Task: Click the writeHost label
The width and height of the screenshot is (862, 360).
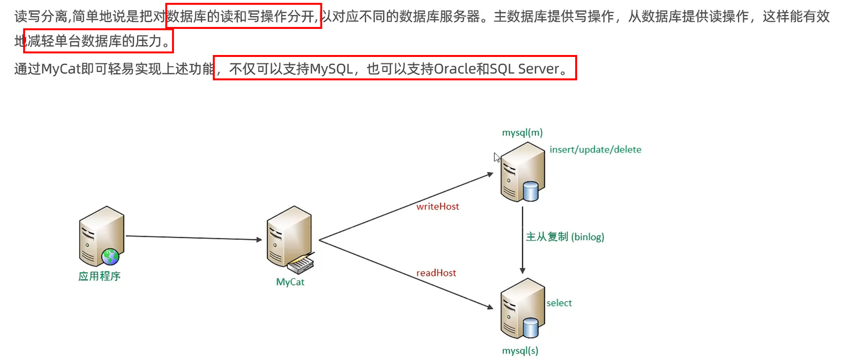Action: click(x=437, y=206)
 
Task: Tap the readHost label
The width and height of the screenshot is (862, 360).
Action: click(x=436, y=273)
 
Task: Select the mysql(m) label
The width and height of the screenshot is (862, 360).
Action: click(x=522, y=133)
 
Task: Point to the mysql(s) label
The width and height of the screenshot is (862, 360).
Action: click(x=520, y=351)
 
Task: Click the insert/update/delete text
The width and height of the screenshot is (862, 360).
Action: click(x=595, y=150)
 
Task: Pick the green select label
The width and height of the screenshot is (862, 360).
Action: click(x=559, y=303)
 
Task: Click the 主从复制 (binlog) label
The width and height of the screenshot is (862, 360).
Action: click(x=565, y=237)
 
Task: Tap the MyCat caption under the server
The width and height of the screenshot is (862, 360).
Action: click(x=290, y=282)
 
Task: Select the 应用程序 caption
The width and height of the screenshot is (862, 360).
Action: click(x=99, y=276)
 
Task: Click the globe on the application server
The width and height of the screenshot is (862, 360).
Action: click(x=110, y=257)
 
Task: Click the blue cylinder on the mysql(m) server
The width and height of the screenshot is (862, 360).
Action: click(x=530, y=191)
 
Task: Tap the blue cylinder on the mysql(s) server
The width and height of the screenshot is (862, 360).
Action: click(x=530, y=328)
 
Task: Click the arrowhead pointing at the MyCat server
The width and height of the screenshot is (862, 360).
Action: click(x=259, y=239)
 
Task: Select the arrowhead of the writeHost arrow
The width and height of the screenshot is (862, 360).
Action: click(x=491, y=174)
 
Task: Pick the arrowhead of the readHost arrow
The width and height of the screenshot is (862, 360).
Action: click(x=491, y=307)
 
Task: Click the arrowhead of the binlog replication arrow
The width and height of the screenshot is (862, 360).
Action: click(x=523, y=271)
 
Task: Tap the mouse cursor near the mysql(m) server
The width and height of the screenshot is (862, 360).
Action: click(x=496, y=157)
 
